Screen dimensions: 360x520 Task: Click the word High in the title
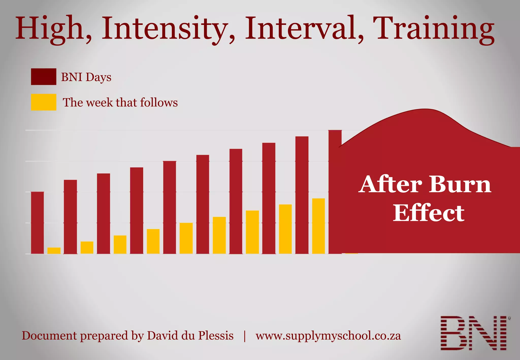(50, 28)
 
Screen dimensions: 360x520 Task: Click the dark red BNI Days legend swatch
(43, 76)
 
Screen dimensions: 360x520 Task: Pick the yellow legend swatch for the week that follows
(43, 102)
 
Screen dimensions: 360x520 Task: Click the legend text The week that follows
(120, 103)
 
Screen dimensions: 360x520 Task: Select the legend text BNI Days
(86, 77)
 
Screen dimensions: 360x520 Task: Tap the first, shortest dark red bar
(37, 223)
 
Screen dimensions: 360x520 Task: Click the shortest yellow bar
(54, 251)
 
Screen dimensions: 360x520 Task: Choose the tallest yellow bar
(318, 226)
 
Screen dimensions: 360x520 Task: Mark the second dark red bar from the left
(70, 217)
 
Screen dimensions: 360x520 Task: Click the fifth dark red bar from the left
(170, 207)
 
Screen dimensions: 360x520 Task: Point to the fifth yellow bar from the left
(186, 238)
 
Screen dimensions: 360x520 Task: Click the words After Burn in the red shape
(425, 185)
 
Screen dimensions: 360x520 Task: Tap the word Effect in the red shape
(429, 213)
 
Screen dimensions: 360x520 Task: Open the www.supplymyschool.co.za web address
(328, 336)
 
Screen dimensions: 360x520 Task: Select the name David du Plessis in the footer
(190, 336)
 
